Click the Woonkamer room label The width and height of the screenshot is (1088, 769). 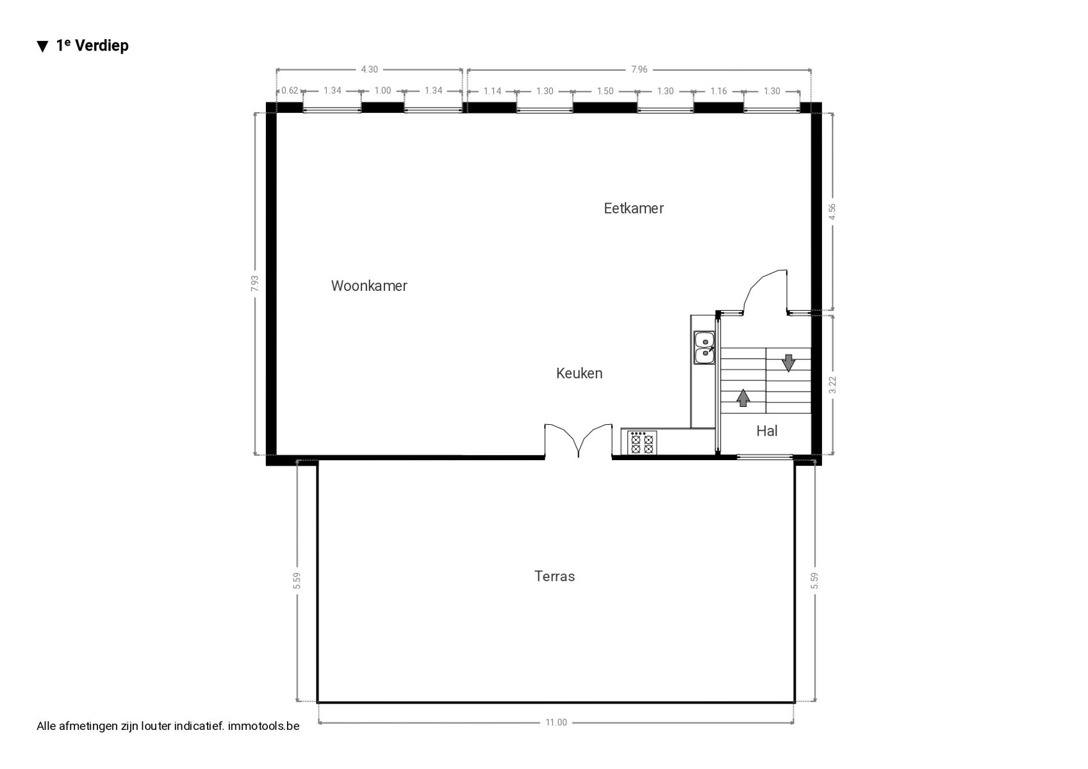coord(369,286)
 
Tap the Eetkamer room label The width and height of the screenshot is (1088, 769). coord(633,208)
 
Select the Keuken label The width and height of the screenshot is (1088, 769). coord(579,373)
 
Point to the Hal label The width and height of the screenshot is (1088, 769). coord(767,431)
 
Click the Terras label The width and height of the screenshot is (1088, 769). coord(555,576)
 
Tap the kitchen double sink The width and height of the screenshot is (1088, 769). coord(704,348)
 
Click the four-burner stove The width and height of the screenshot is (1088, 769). coord(641,443)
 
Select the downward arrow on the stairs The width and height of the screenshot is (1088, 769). coord(788,363)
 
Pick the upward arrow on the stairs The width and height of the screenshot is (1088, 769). coord(743,398)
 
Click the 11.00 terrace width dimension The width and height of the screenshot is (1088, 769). coord(556,722)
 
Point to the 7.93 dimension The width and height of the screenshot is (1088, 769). coord(254,284)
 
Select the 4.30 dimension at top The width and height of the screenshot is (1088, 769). coord(369,69)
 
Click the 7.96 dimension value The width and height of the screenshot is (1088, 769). coord(639,69)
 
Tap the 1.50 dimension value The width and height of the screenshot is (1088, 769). coord(606,91)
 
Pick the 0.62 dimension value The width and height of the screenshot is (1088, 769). coord(290,90)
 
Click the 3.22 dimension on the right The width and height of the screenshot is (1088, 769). coord(832,384)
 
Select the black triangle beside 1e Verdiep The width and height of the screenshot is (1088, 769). coord(43,47)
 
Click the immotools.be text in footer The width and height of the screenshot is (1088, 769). coord(264,726)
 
